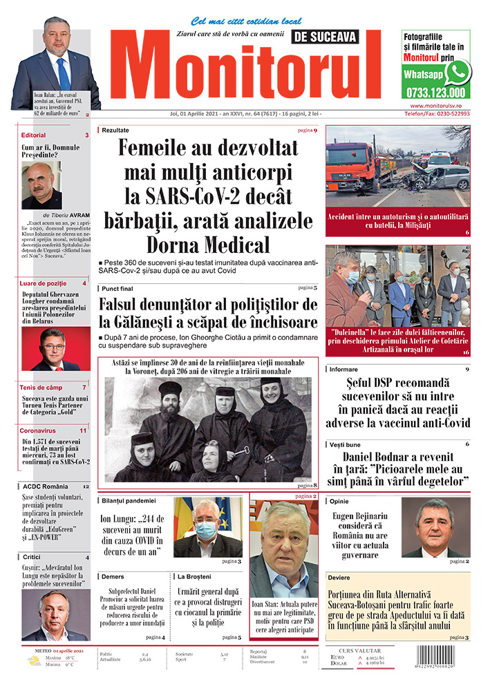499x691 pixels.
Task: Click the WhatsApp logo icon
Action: pyautogui.click(x=457, y=72)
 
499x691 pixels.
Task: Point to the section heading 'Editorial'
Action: pyautogui.click(x=34, y=135)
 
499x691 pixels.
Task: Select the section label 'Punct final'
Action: pyautogui.click(x=118, y=288)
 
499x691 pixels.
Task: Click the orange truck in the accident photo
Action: pyautogui.click(x=352, y=167)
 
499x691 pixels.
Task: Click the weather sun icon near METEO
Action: pyautogui.click(x=33, y=661)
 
